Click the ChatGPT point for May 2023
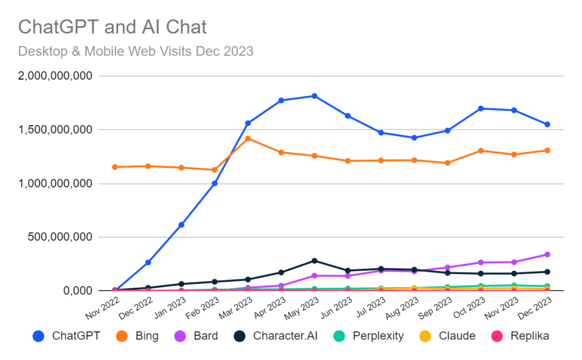click(314, 96)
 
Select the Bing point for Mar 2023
click(248, 138)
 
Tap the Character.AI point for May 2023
click(314, 260)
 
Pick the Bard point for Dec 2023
click(547, 254)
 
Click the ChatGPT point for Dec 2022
click(148, 262)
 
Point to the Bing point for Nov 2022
click(115, 167)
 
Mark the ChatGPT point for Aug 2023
click(414, 138)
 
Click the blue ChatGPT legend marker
click(39, 336)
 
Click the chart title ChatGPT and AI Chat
click(112, 26)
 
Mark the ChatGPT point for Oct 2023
click(481, 108)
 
